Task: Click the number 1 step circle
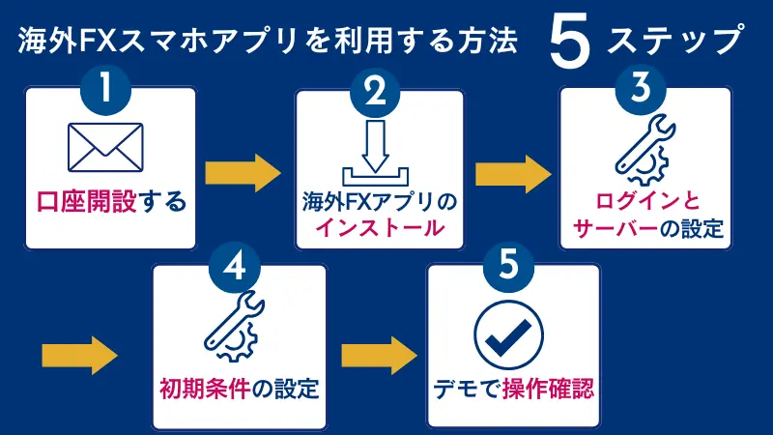click(x=109, y=92)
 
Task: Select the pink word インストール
click(x=378, y=229)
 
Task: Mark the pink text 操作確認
click(x=547, y=391)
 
